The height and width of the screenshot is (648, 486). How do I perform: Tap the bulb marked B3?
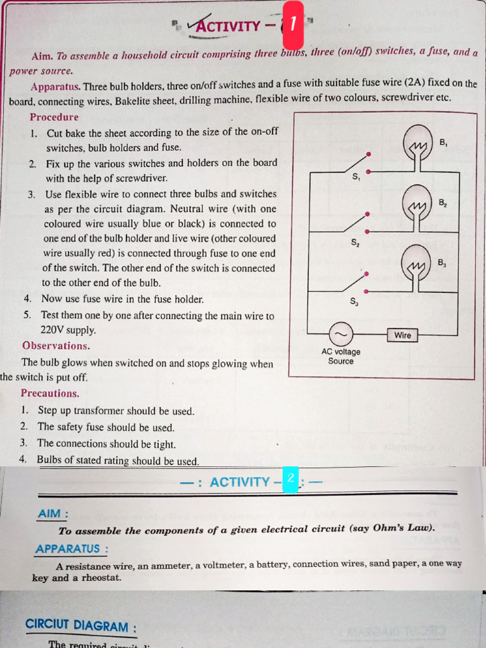pos(417,262)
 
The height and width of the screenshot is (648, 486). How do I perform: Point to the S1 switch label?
pos(356,177)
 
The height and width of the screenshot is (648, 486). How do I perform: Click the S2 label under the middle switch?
pos(356,242)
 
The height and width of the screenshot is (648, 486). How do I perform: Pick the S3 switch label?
pos(355,302)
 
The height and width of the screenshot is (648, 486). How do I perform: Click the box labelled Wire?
pos(402,335)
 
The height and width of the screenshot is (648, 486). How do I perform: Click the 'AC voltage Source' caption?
pos(340,356)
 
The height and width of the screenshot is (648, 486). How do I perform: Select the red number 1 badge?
pos(292,25)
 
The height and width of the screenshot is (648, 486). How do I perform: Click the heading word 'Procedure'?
pos(54,117)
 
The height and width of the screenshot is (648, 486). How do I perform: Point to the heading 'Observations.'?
pos(56,346)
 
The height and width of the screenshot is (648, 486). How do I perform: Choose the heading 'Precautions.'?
pos(50,393)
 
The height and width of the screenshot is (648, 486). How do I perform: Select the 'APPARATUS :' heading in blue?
pos(72,549)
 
